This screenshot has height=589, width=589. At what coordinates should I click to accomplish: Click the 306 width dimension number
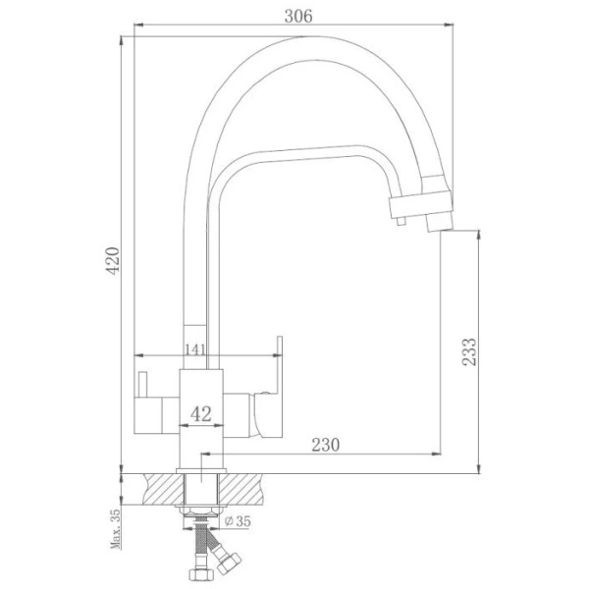[298, 16]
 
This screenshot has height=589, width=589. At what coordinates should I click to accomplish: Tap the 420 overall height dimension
[113, 261]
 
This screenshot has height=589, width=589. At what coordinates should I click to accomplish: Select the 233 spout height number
[469, 351]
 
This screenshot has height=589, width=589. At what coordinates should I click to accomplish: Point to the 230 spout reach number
[325, 445]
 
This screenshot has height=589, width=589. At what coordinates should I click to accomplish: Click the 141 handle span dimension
[195, 349]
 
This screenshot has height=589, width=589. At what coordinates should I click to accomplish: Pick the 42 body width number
[201, 414]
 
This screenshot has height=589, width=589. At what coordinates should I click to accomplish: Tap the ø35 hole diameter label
[238, 521]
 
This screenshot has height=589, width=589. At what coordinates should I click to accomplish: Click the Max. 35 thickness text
[115, 529]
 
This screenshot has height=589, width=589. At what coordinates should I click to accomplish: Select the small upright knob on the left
[142, 384]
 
